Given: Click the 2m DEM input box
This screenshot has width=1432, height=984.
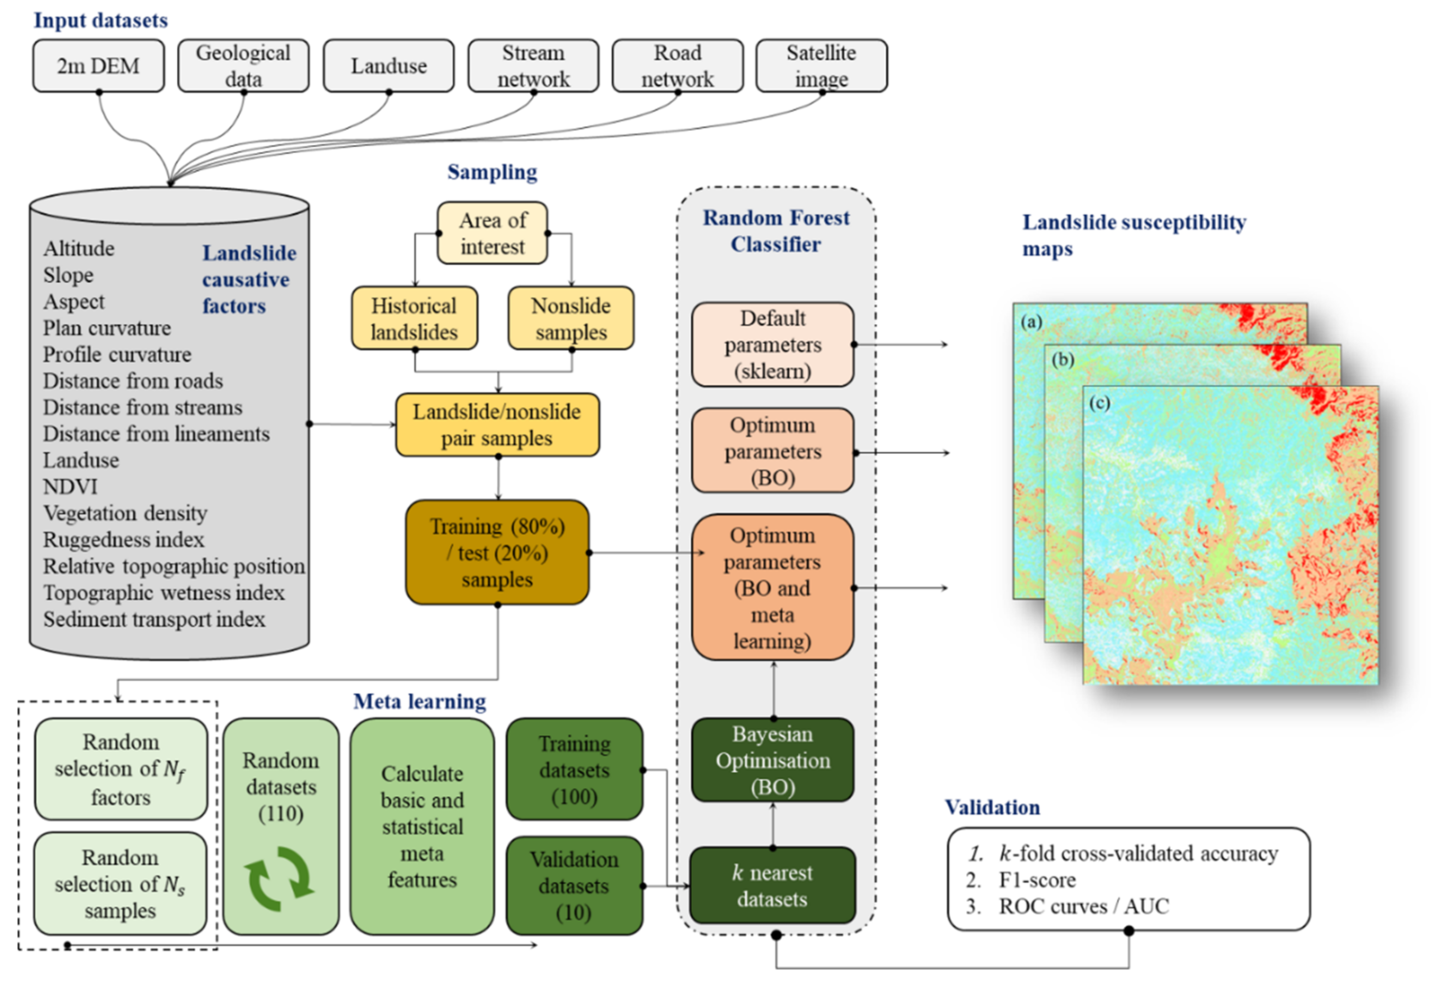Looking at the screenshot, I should tap(99, 66).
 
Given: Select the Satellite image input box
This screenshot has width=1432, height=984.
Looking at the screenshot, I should tap(821, 66).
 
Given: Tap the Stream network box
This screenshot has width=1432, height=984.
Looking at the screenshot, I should tap(534, 66).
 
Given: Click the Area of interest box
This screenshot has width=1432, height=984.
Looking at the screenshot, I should tap(492, 233).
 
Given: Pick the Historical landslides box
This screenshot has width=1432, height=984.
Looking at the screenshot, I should tap(414, 318).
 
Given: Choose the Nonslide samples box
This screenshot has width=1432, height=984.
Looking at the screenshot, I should tap(571, 318).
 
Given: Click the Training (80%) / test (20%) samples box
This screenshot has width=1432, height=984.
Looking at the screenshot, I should tap(497, 552).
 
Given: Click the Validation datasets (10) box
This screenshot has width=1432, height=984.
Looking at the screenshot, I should tap(574, 885).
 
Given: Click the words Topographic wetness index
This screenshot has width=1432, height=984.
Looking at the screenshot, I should tap(163, 593).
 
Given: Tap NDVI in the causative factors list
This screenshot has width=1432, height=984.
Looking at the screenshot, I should tap(70, 487).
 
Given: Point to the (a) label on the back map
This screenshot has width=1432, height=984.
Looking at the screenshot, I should tap(1031, 321).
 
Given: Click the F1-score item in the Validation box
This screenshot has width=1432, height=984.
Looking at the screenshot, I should tap(1037, 880).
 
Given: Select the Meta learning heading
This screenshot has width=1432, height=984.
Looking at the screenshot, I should tap(419, 701).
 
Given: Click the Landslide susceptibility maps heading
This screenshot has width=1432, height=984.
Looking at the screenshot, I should tap(1134, 235).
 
